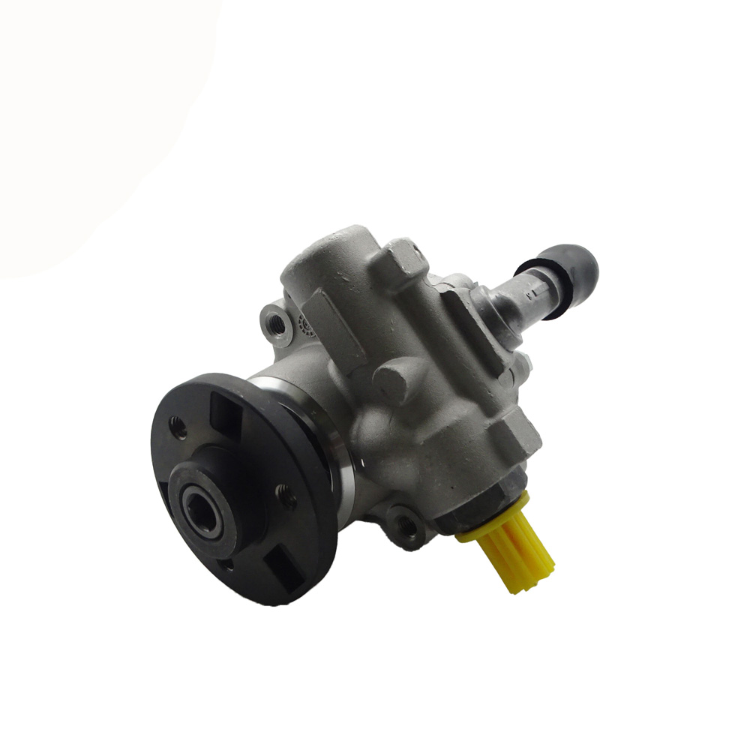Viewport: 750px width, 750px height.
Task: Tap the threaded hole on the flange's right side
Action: click(x=286, y=495)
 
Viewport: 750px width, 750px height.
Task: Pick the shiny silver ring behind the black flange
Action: click(x=330, y=450)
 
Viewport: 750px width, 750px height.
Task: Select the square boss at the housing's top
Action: click(x=405, y=259)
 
